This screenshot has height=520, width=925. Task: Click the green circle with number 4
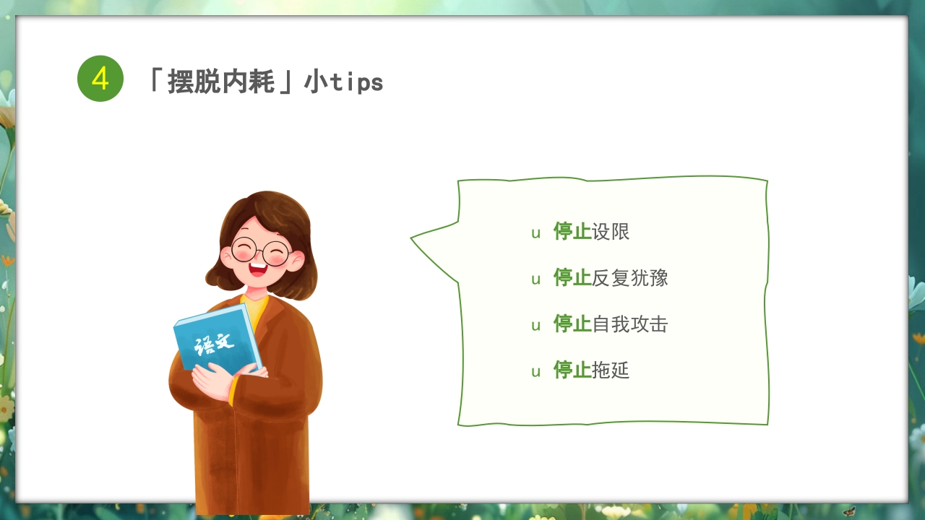100,79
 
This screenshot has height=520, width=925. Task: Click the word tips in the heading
356,82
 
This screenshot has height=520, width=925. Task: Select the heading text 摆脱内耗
221,82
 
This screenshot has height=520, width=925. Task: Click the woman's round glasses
261,251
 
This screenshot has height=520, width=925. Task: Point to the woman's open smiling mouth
258,269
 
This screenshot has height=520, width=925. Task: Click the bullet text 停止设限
591,232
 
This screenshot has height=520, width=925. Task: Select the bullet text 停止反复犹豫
611,278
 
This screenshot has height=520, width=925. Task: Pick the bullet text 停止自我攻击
611,324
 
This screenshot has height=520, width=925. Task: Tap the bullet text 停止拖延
591,370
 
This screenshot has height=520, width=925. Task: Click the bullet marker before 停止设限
535,233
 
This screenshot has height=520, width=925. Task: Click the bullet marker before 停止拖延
535,372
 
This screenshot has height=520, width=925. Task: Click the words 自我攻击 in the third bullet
629,324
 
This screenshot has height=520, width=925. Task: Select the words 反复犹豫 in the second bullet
629,278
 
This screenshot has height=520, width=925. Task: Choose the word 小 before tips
317,82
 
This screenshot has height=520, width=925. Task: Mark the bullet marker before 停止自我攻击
535,326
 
